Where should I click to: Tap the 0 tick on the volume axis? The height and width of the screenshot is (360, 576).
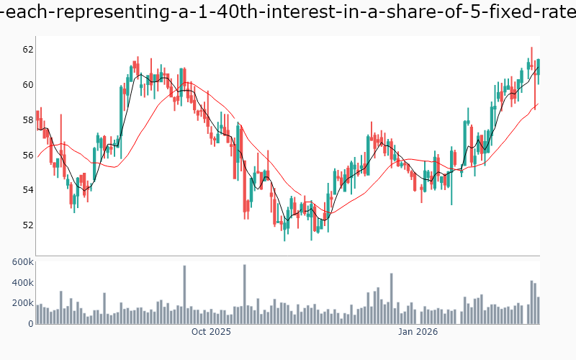[x=30, y=323]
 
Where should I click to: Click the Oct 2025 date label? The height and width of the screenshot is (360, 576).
[x=210, y=332]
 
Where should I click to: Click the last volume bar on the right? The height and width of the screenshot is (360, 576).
[x=538, y=310]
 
